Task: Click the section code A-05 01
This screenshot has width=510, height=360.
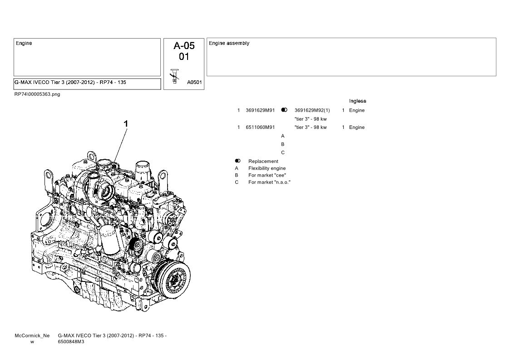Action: pyautogui.click(x=184, y=51)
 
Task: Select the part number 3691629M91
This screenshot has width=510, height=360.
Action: pyautogui.click(x=260, y=110)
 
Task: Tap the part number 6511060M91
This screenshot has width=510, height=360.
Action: pyautogui.click(x=260, y=127)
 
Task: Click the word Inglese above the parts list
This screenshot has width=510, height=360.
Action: pyautogui.click(x=357, y=101)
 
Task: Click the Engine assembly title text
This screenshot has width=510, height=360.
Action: pyautogui.click(x=229, y=43)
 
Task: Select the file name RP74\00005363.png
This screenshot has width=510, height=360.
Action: pyautogui.click(x=37, y=94)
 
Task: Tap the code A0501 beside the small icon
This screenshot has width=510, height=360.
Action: pyautogui.click(x=194, y=82)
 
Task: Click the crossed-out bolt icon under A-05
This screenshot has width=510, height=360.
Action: pyautogui.click(x=175, y=76)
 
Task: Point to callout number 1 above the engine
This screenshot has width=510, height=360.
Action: pyautogui.click(x=125, y=124)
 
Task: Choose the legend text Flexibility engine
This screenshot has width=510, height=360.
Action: pyautogui.click(x=267, y=168)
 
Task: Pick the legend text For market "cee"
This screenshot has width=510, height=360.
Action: pyautogui.click(x=267, y=175)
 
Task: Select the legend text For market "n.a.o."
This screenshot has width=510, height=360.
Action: pyautogui.click(x=269, y=182)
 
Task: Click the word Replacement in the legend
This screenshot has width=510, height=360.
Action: pyautogui.click(x=263, y=161)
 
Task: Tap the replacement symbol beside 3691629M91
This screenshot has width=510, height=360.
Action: pyautogui.click(x=284, y=110)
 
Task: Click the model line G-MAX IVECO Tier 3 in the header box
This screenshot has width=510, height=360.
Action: pyautogui.click(x=70, y=82)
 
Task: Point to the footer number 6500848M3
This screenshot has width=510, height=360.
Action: pyautogui.click(x=71, y=342)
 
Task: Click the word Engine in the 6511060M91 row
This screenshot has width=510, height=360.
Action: pyautogui.click(x=357, y=128)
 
